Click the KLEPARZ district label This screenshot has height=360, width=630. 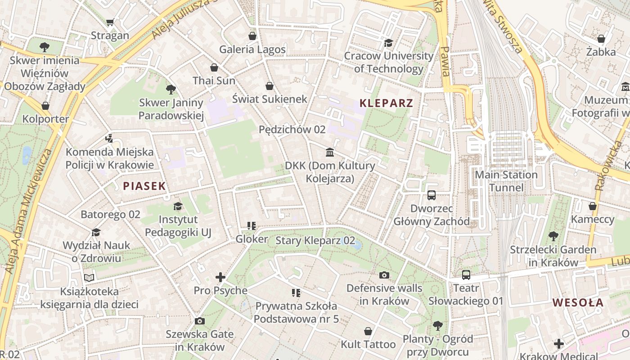[x=386, y=103]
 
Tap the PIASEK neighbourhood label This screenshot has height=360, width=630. [x=144, y=186]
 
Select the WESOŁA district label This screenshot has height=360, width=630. [x=578, y=302]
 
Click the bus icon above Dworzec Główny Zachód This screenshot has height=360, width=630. [x=432, y=195]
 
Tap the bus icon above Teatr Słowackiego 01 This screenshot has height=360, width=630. [x=466, y=274]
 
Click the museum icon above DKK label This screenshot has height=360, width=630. [x=330, y=153]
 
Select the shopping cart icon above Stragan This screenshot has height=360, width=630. [x=110, y=22]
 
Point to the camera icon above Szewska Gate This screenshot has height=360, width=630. [x=200, y=321]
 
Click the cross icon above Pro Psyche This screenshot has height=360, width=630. [x=220, y=277]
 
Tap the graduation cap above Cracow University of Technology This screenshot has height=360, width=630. [x=388, y=43]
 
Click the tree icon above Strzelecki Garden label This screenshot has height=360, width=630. [x=553, y=236]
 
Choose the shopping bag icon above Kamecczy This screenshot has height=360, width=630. [x=593, y=206]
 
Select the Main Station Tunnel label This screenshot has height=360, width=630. [x=506, y=181]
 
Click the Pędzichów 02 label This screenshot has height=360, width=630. [x=292, y=130]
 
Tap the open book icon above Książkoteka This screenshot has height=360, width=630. [x=89, y=278]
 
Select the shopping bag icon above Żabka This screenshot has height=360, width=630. [x=601, y=39]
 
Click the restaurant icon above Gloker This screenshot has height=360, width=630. [x=252, y=226]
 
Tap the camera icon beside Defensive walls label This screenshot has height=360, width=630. [x=384, y=275]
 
